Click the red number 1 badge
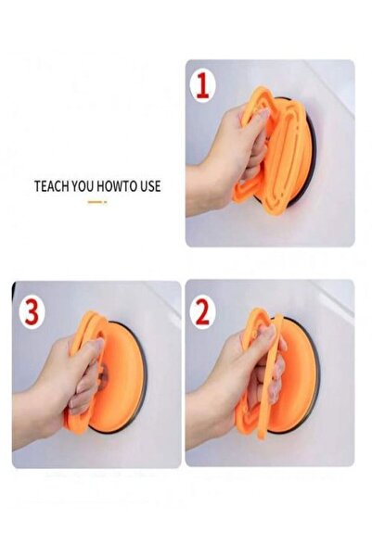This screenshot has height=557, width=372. click(203, 85)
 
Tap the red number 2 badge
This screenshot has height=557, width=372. click(202, 311)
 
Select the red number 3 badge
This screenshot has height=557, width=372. click(32, 312)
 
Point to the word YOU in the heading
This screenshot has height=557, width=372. click(83, 186)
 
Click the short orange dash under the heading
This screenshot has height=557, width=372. click(97, 202)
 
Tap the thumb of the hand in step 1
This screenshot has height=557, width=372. click(257, 117)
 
